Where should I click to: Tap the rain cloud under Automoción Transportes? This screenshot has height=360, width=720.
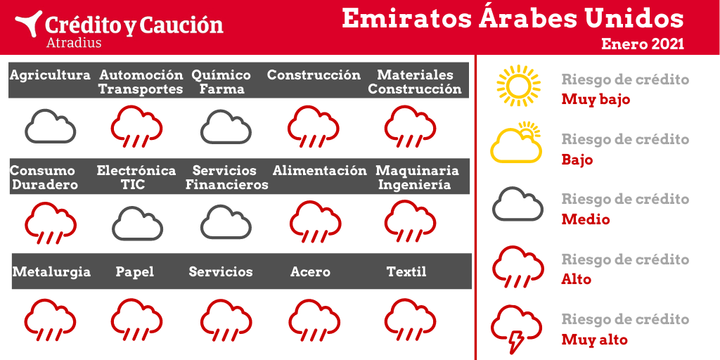[x=136, y=127]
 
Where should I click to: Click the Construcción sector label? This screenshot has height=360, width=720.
[x=314, y=75]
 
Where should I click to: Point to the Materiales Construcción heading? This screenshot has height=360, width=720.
[x=415, y=82]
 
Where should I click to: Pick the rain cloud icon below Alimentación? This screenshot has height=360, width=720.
[x=315, y=221]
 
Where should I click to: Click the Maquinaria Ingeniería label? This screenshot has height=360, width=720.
[x=417, y=178]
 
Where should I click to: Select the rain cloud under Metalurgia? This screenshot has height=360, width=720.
[x=50, y=320]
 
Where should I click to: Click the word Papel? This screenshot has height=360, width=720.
[x=134, y=272]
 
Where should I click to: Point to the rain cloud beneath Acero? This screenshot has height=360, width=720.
[x=314, y=320]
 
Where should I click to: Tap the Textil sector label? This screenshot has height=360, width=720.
[x=406, y=271]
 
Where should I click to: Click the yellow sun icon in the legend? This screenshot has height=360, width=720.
[x=518, y=85]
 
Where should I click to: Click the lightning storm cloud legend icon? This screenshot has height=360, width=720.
[x=516, y=327]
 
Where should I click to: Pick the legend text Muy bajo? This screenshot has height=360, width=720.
[x=596, y=100]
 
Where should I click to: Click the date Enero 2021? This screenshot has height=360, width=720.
[x=643, y=44]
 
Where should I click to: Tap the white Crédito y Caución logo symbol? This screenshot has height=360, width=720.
[x=28, y=24]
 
